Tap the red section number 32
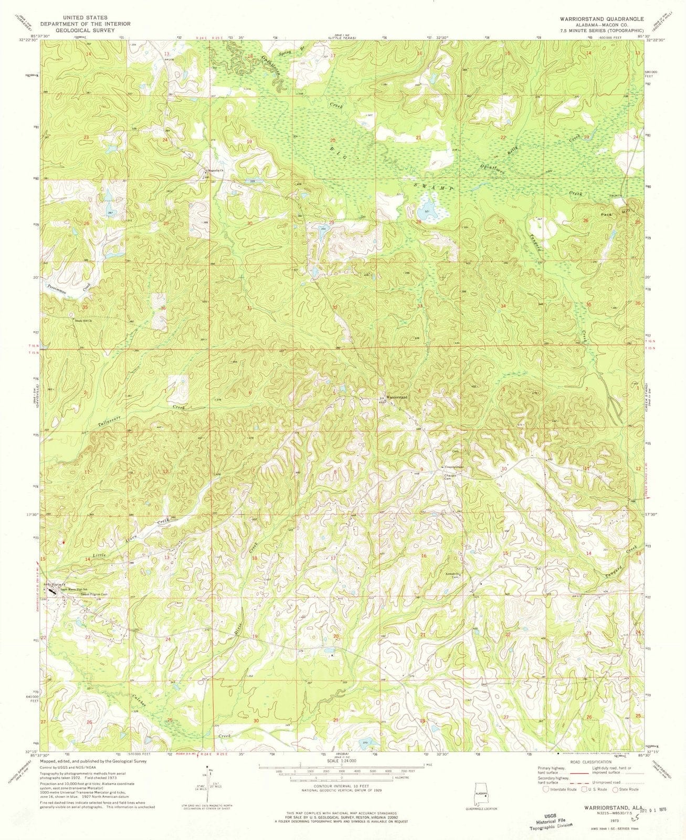334,307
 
